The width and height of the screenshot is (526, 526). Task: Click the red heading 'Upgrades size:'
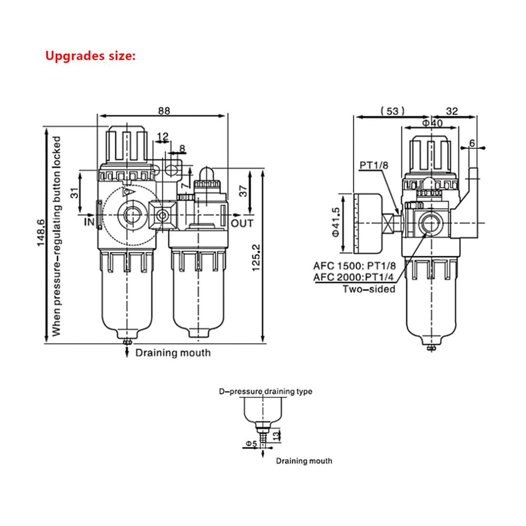point(90,55)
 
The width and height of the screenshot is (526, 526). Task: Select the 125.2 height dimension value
point(257,257)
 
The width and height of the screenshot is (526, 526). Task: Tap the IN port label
point(89,223)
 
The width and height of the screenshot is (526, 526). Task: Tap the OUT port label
point(243,223)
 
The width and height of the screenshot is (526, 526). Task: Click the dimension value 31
point(76,193)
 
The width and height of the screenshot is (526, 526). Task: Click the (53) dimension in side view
point(392,111)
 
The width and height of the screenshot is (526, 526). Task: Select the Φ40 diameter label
point(431,123)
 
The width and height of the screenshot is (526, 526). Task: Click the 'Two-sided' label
point(369,288)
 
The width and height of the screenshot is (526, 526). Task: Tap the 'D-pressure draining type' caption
point(266,391)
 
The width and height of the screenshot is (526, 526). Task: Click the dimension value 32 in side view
point(451,111)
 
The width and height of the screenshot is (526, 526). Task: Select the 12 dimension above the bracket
point(163,136)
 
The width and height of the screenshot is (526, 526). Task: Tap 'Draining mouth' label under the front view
point(173,352)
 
